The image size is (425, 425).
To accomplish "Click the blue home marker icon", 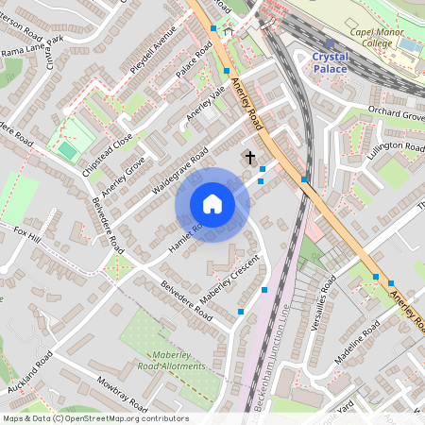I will [x=212, y=205].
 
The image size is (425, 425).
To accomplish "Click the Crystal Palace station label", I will [x=330, y=63].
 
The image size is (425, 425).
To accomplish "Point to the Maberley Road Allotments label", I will [x=171, y=359].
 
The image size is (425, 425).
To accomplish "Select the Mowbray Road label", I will [x=122, y=396].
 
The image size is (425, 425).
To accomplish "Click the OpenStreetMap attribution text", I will [x=95, y=418].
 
